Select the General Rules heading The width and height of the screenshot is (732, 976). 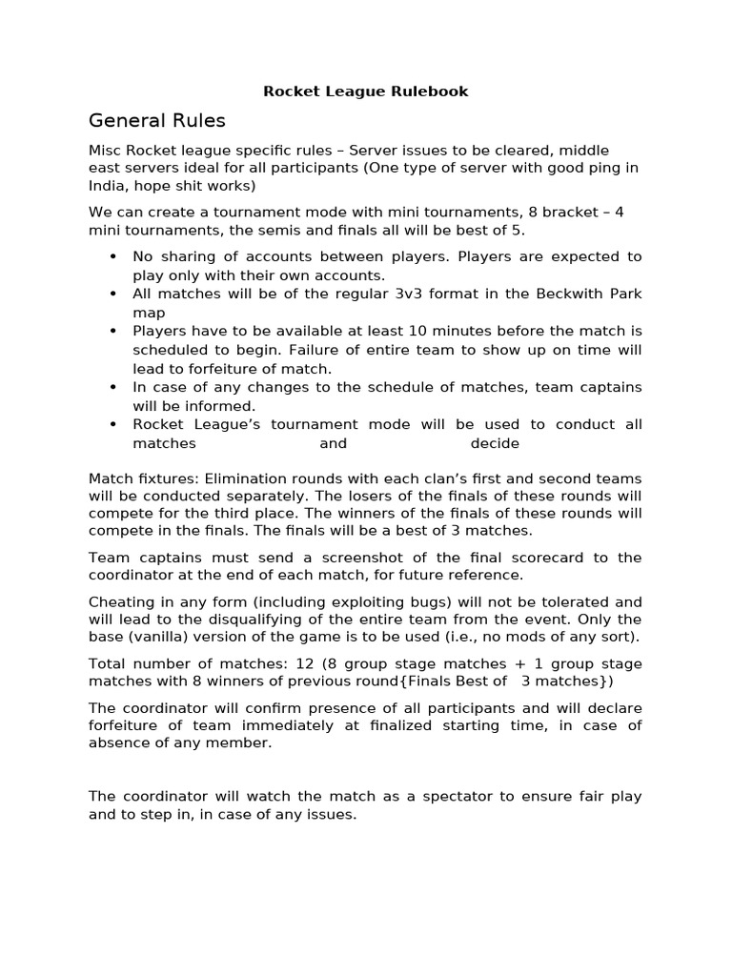pos(156,120)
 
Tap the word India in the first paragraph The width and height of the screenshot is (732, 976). pos(108,186)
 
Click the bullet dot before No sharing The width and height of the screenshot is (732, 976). pos(113,257)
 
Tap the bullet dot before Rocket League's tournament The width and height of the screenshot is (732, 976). pos(113,425)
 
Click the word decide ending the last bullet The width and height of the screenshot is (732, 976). pos(495,443)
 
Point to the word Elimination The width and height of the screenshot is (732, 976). pos(233,478)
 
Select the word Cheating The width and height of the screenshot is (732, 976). pos(120,601)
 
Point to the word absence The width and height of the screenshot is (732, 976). pos(115,742)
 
